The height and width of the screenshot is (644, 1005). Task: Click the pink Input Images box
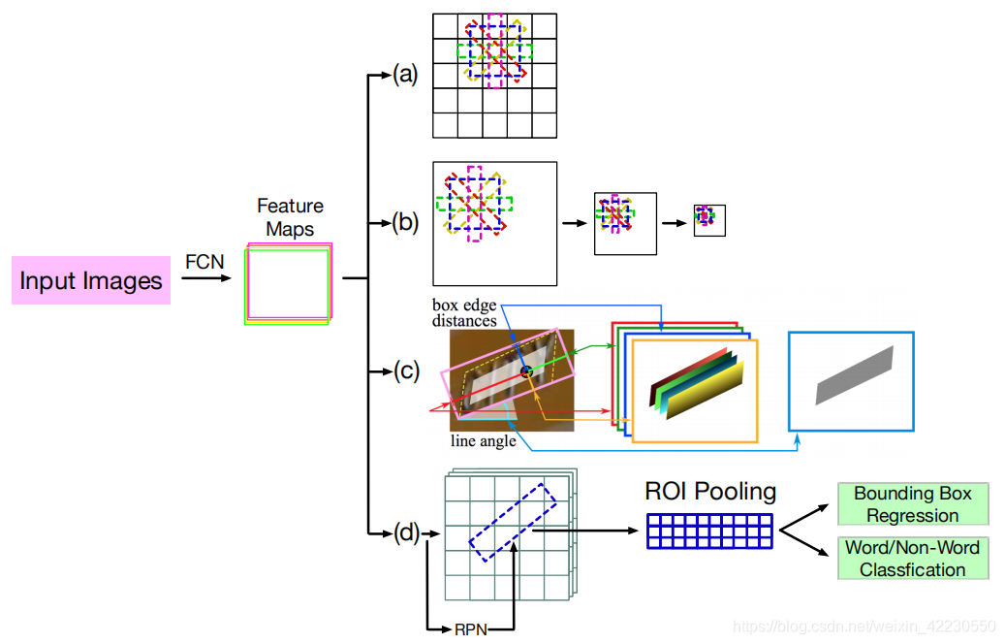pos(91,280)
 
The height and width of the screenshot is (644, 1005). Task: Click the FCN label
pos(204,263)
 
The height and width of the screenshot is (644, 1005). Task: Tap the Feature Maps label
pos(290,217)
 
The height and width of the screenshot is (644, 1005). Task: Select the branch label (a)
pos(404,74)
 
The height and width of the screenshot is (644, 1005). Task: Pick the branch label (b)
pos(404,223)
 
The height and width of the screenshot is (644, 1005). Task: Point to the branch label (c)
pos(404,370)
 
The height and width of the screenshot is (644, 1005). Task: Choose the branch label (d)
pos(404,531)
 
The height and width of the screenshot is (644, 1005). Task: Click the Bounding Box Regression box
pos(912,504)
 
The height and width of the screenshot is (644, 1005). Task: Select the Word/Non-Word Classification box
pos(912,558)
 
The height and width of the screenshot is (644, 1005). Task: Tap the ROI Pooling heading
pos(710,491)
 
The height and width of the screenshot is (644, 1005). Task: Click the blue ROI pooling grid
pos(710,531)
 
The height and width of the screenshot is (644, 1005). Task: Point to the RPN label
pos(472,629)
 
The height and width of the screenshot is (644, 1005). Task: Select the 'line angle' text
pos(484,441)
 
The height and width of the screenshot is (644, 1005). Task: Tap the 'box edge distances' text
pos(464,312)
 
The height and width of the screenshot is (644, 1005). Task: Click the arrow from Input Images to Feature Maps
pos(206,279)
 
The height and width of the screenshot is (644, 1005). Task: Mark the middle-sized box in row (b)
pos(625,222)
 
